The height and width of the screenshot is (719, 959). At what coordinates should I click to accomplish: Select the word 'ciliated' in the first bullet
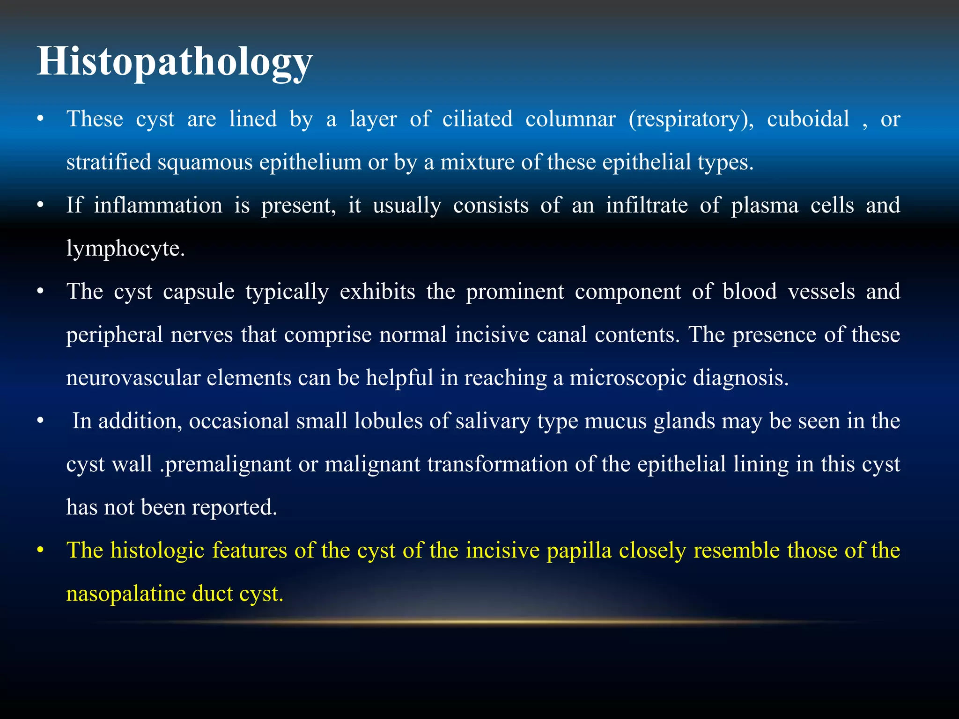tap(477, 119)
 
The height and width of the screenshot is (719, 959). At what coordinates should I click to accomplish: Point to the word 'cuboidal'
tap(808, 119)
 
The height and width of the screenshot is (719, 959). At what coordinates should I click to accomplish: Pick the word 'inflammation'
tap(158, 205)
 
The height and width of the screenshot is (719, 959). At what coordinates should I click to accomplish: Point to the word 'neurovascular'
tap(133, 378)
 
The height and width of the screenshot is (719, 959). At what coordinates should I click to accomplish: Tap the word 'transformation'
tap(497, 464)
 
